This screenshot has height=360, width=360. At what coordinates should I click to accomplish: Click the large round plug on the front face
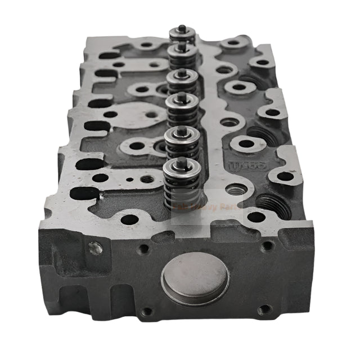coord(195,278)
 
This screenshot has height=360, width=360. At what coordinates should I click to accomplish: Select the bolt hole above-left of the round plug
coord(145,247)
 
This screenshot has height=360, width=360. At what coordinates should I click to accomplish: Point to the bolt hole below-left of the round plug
coord(147,311)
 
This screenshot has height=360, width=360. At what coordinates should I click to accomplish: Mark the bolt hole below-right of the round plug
coord(264,309)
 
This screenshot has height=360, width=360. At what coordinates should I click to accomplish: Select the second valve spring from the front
coord(181,147)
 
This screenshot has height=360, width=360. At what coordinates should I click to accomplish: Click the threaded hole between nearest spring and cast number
coord(235,190)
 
